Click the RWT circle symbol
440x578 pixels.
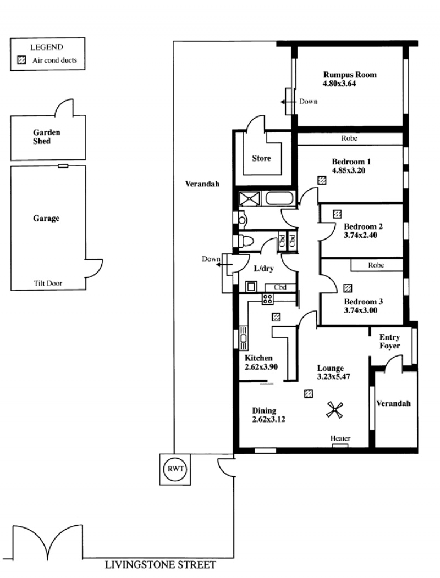pos(175,469)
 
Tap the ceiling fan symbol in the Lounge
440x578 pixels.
pos(335,410)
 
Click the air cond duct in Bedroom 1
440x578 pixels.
pos(322,180)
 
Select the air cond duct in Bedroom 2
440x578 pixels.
pos(337,214)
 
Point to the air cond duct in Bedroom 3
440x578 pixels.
pos(348,288)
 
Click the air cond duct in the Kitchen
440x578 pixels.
pos(276,316)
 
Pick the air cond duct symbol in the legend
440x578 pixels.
pos(22,60)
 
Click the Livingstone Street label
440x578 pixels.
pos(160,565)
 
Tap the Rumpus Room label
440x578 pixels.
pos(350,75)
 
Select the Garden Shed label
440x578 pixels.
pos(47,136)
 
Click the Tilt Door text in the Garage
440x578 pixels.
pos(48,284)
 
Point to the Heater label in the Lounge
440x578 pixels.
pos(340,438)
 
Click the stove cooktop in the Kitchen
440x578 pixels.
pos(268,299)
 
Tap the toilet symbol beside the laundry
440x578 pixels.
pos(244,241)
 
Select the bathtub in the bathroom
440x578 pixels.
pos(280,198)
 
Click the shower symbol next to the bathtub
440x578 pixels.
pos(250,199)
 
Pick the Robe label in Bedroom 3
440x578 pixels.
pos(376,265)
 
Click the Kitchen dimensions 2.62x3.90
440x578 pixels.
pos(261,367)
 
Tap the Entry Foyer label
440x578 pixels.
pos(390,341)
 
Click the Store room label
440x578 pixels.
pos(261,158)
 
